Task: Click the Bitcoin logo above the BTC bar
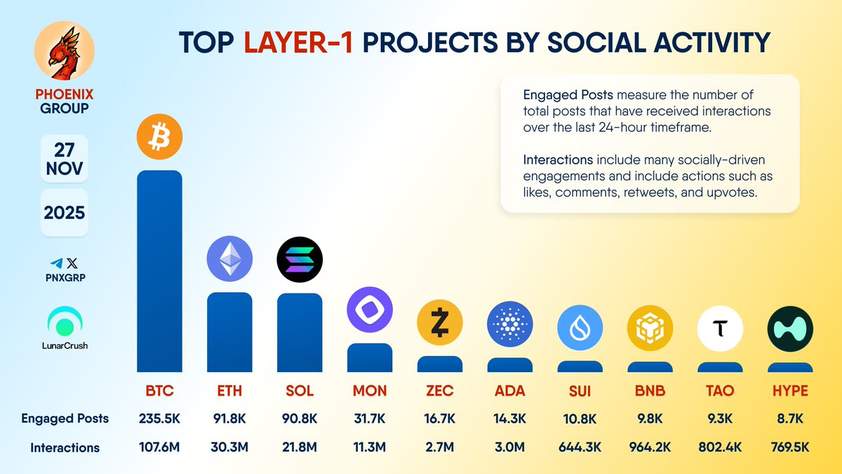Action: point(159,136)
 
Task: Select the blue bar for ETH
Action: point(229,332)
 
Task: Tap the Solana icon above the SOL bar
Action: point(300,260)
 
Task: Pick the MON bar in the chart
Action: point(370,357)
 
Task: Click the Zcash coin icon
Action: point(440,322)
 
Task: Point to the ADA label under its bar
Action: point(509,391)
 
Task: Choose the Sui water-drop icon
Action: point(580,328)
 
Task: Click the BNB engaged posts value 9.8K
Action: point(650,419)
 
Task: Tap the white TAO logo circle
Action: point(720,329)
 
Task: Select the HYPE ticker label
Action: point(790,391)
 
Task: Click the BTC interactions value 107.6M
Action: point(159,447)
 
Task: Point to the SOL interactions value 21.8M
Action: point(300,447)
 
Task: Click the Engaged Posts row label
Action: point(65,419)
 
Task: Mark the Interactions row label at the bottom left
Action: point(65,448)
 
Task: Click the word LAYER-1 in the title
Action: point(298,42)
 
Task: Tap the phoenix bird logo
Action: point(65,51)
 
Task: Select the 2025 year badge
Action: point(65,213)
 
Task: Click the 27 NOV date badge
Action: point(65,159)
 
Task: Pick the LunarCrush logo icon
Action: point(65,322)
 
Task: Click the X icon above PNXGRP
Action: point(72,263)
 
